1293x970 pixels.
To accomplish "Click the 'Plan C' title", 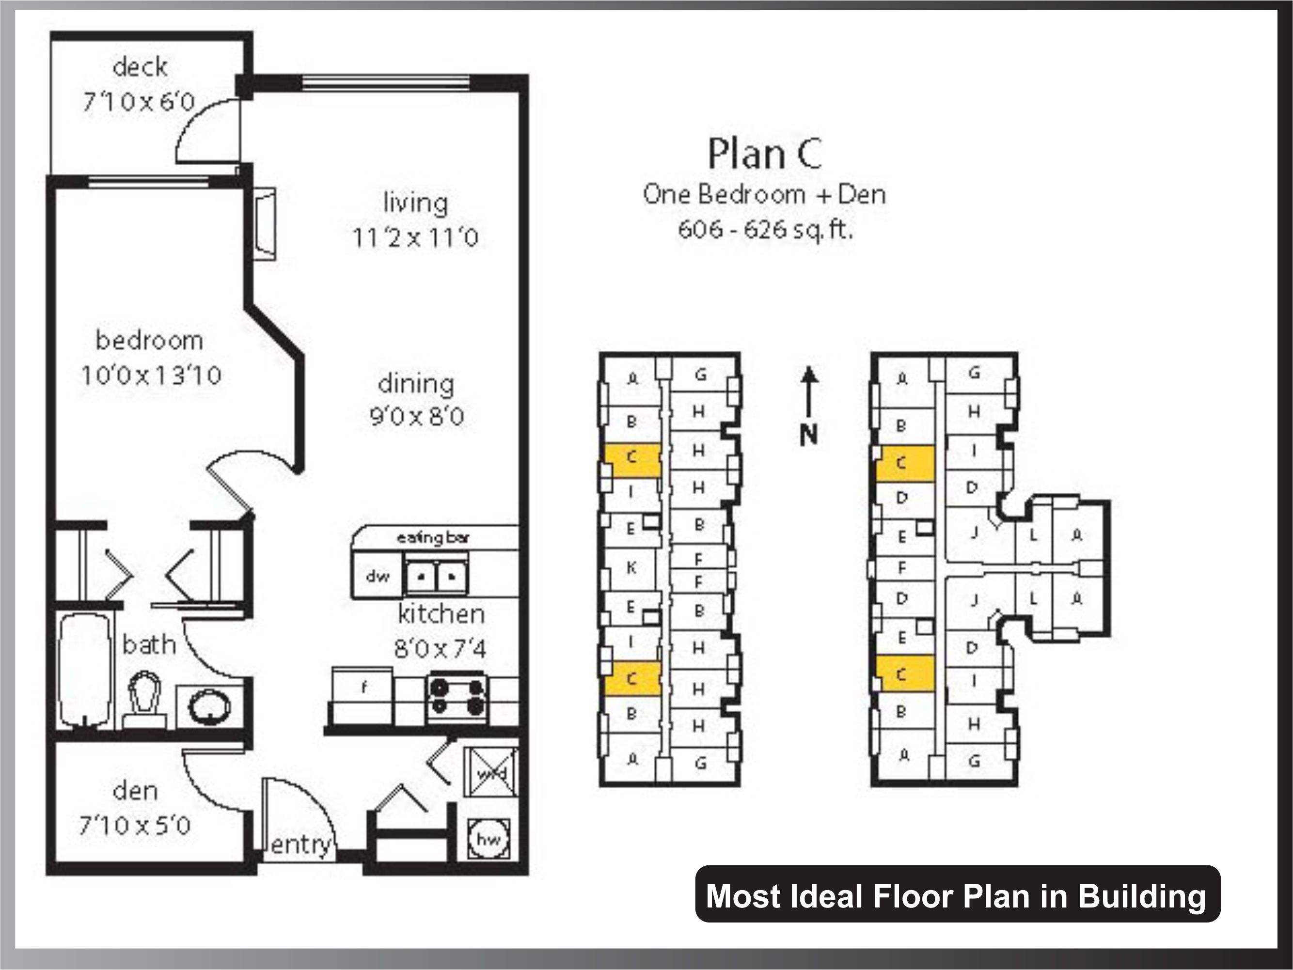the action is (x=765, y=154).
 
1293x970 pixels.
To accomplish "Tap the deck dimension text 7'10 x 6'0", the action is (x=139, y=102).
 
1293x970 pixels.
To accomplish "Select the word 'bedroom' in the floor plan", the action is (x=149, y=340).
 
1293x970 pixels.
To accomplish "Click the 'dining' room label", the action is (x=416, y=384).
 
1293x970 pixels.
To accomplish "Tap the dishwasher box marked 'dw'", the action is (x=377, y=576).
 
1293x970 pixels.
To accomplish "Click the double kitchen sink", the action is (x=437, y=576).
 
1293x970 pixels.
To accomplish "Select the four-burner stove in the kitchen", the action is (x=457, y=698).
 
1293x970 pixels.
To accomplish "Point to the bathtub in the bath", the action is (x=85, y=670).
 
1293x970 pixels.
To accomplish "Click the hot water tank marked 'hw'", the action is (x=489, y=839).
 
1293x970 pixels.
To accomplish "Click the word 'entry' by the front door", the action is (x=301, y=845).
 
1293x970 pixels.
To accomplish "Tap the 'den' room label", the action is (x=135, y=791).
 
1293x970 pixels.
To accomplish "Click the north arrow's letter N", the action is (x=808, y=434).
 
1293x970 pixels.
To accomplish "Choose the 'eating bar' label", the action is (x=433, y=538).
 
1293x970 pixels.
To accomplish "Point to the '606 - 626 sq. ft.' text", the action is (x=765, y=229).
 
